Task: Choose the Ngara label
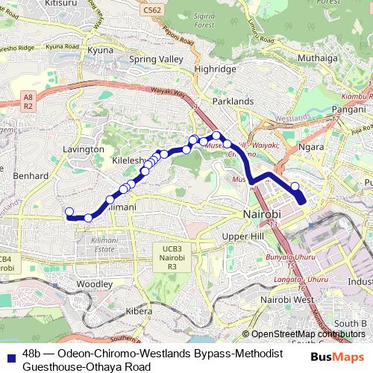coord(311,147)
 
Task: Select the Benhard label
coord(31,176)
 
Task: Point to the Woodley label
coord(94,284)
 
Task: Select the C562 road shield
coord(152,10)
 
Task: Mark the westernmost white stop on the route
coord(69,211)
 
